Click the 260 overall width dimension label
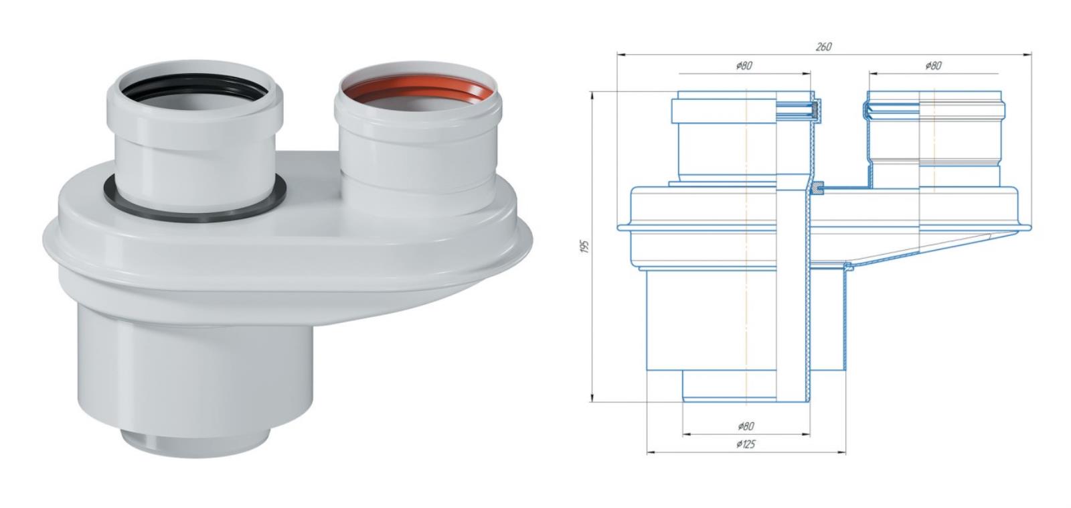point(823,46)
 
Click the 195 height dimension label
point(584,247)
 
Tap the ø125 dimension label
point(746,444)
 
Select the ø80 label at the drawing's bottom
point(746,426)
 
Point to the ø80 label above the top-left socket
point(744,66)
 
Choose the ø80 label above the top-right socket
point(933,66)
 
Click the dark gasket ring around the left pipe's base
point(195,214)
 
